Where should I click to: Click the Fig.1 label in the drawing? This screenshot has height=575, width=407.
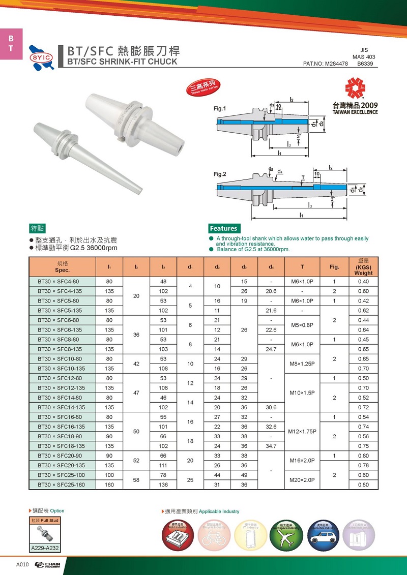(x=220, y=108)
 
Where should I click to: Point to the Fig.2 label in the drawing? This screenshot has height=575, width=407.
(x=220, y=174)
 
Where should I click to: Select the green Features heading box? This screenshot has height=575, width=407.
(x=223, y=228)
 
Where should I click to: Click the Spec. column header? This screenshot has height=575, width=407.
(x=62, y=266)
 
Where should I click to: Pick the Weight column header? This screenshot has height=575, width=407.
(x=364, y=267)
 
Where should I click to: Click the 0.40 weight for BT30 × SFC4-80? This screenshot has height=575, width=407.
(x=363, y=281)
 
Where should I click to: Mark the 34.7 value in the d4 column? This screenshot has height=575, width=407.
(x=272, y=446)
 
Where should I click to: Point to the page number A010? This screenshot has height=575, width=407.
(x=22, y=565)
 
